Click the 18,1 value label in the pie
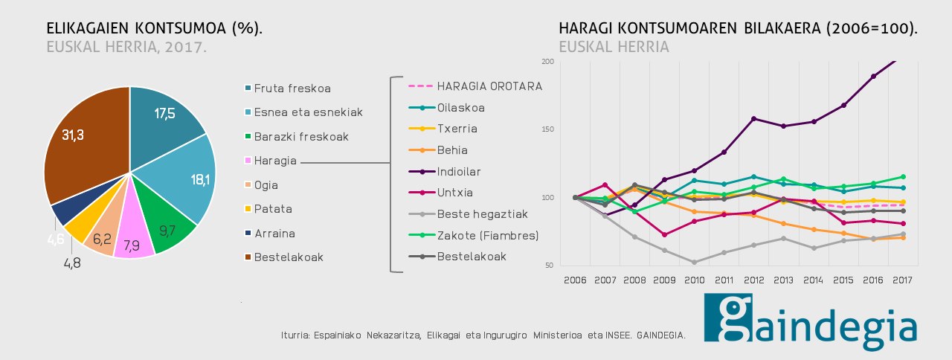(200, 180)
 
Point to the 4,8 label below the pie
(72, 263)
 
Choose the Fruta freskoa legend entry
(288, 89)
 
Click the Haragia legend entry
(271, 161)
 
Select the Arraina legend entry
(270, 234)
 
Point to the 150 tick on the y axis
(548, 129)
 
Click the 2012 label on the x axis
(754, 280)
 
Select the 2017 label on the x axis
(903, 280)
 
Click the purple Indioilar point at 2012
(754, 118)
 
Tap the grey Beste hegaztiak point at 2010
(695, 263)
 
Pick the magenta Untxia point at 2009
(665, 234)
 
